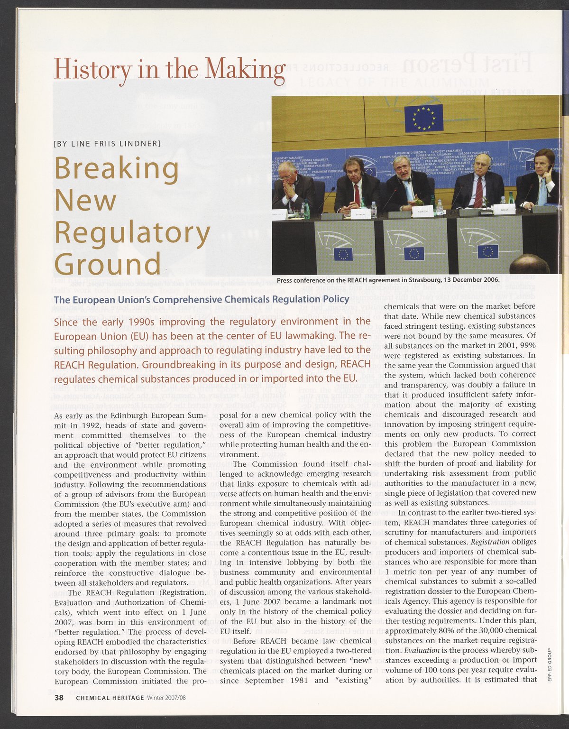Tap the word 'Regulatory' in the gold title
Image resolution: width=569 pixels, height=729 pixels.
pyautogui.click(x=132, y=233)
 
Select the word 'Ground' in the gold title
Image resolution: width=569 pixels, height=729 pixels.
pyautogui.click(x=108, y=264)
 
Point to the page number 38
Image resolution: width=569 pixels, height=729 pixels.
pyautogui.click(x=59, y=697)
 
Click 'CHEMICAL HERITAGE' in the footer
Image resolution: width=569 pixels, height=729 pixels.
pyautogui.click(x=110, y=698)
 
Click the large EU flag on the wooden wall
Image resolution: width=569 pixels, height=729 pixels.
pyautogui.click(x=424, y=118)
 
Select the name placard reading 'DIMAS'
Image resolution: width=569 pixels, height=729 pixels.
pyautogui.click(x=505, y=207)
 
